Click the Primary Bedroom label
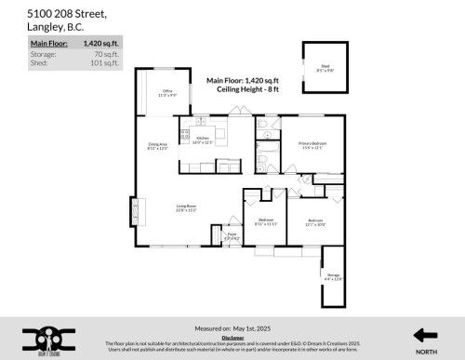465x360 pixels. (x=310, y=144)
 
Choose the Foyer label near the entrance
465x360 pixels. (x=232, y=237)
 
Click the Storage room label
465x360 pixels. (x=334, y=277)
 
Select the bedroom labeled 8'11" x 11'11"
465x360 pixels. (x=266, y=222)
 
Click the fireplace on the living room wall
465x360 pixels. (x=133, y=211)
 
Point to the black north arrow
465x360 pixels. (x=425, y=335)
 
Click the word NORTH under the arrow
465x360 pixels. (x=425, y=352)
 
